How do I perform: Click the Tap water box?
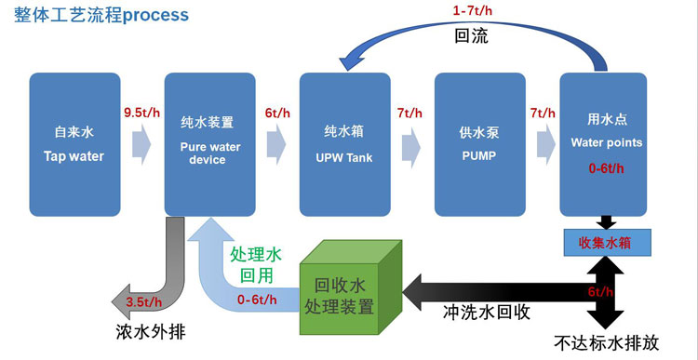point(74,145)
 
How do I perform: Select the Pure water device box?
point(208,145)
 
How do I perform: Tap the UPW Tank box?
point(343,145)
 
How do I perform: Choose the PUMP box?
point(479,145)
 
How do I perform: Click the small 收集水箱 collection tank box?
point(605,244)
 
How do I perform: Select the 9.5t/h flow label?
point(141,113)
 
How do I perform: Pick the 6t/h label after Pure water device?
point(277,113)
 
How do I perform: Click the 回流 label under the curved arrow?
point(471,37)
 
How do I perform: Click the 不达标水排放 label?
point(606,341)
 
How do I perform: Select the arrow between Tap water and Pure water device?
point(141,145)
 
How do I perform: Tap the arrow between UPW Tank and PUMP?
point(411,145)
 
